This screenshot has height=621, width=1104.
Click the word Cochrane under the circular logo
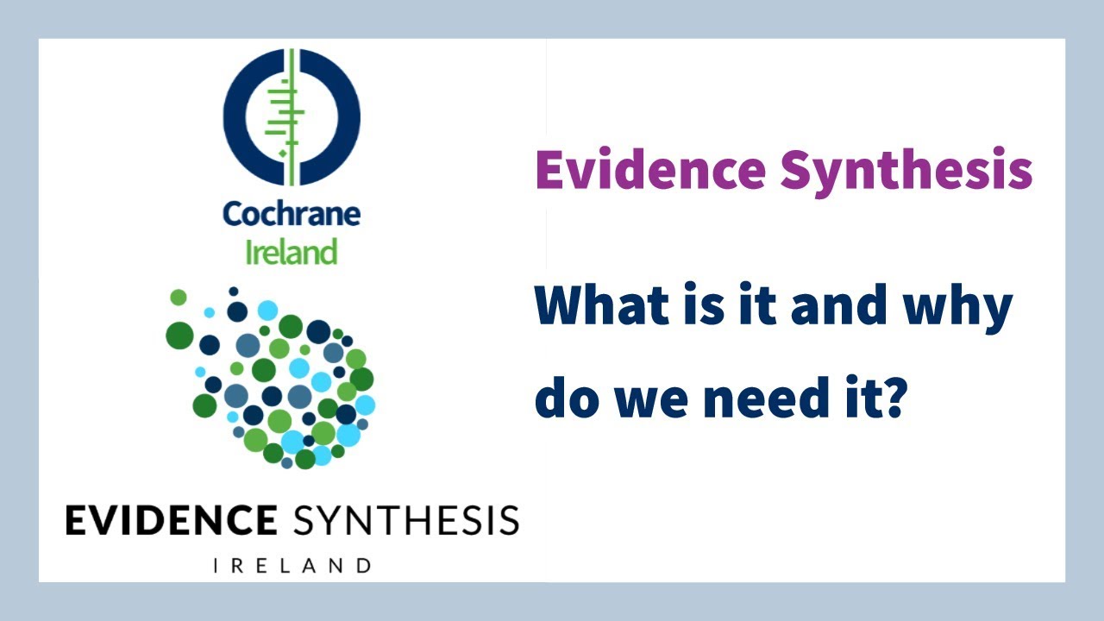[x=291, y=213]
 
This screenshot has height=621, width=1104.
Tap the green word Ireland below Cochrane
[x=291, y=252]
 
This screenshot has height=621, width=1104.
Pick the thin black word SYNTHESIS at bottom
[x=405, y=521]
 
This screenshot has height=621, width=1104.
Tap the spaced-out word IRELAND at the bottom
[x=292, y=566]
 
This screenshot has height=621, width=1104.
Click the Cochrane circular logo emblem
[x=292, y=117]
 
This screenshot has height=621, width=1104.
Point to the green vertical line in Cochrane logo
[x=292, y=117]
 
